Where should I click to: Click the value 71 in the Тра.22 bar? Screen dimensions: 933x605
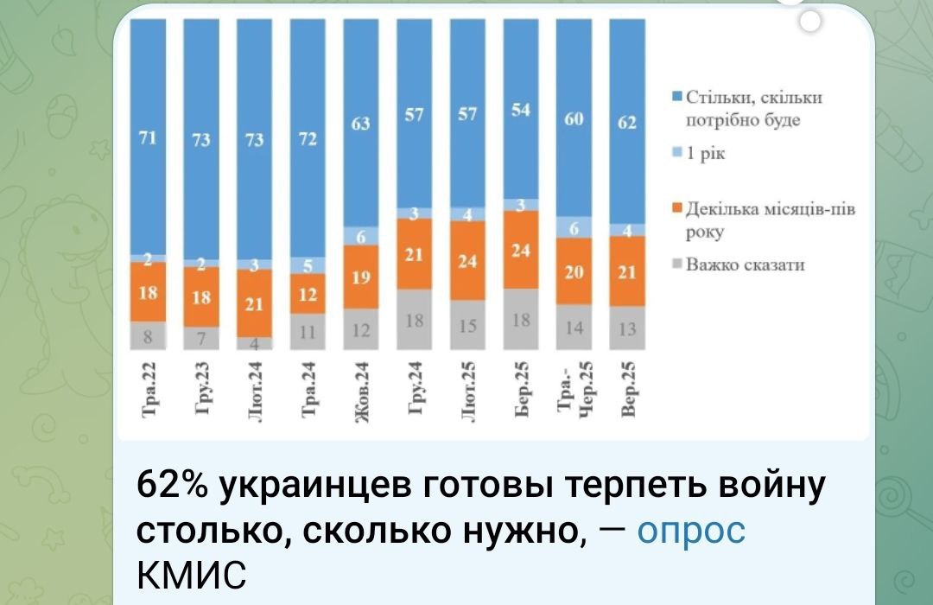click(x=148, y=137)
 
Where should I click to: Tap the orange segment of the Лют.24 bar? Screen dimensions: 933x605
click(x=255, y=303)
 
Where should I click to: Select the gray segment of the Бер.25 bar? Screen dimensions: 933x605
click(x=521, y=319)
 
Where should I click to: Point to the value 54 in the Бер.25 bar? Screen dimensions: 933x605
click(x=521, y=110)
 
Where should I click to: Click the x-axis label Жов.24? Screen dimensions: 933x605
click(x=361, y=392)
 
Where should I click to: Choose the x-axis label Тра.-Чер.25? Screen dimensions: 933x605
click(x=574, y=390)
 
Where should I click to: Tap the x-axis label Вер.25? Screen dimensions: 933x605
click(x=628, y=389)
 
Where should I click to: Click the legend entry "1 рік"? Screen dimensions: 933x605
click(x=706, y=154)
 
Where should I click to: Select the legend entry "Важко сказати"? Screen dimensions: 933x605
click(x=745, y=264)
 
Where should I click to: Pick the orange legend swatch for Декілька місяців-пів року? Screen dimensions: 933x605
click(x=677, y=207)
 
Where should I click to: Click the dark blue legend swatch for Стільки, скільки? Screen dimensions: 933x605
click(x=677, y=97)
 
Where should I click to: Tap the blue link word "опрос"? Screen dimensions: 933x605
click(x=691, y=530)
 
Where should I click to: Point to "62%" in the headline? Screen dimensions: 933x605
click(x=172, y=485)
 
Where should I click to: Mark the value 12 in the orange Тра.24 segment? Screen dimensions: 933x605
click(x=308, y=294)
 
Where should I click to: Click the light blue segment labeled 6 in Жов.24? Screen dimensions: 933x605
click(x=360, y=236)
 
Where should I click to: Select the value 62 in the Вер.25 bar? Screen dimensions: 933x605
click(x=627, y=122)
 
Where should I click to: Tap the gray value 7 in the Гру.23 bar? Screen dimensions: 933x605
click(x=201, y=338)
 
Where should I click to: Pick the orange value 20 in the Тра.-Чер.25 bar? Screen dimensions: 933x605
click(x=574, y=271)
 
